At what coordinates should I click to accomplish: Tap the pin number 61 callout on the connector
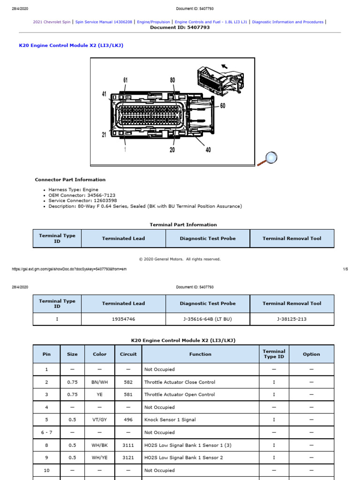(x=125, y=80)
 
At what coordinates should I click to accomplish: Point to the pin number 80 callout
(x=172, y=80)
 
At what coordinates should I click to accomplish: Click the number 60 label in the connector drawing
(x=223, y=106)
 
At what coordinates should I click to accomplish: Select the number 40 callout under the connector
(x=208, y=150)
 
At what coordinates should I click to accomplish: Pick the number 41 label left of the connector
(x=105, y=94)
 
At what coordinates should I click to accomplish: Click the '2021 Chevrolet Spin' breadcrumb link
(x=52, y=22)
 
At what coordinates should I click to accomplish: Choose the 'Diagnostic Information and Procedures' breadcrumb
(x=287, y=22)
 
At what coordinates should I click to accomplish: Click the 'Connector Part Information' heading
(x=70, y=180)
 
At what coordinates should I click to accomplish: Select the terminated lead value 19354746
(x=123, y=319)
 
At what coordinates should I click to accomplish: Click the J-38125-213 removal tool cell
(x=292, y=319)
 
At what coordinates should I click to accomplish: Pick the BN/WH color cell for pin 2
(x=99, y=382)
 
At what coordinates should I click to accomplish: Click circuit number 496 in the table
(x=128, y=420)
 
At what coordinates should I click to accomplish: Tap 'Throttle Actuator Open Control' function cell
(x=180, y=395)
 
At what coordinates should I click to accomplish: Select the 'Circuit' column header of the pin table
(x=128, y=354)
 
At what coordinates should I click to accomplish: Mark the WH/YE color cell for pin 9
(x=99, y=457)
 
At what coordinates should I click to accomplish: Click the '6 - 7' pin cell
(x=46, y=432)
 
